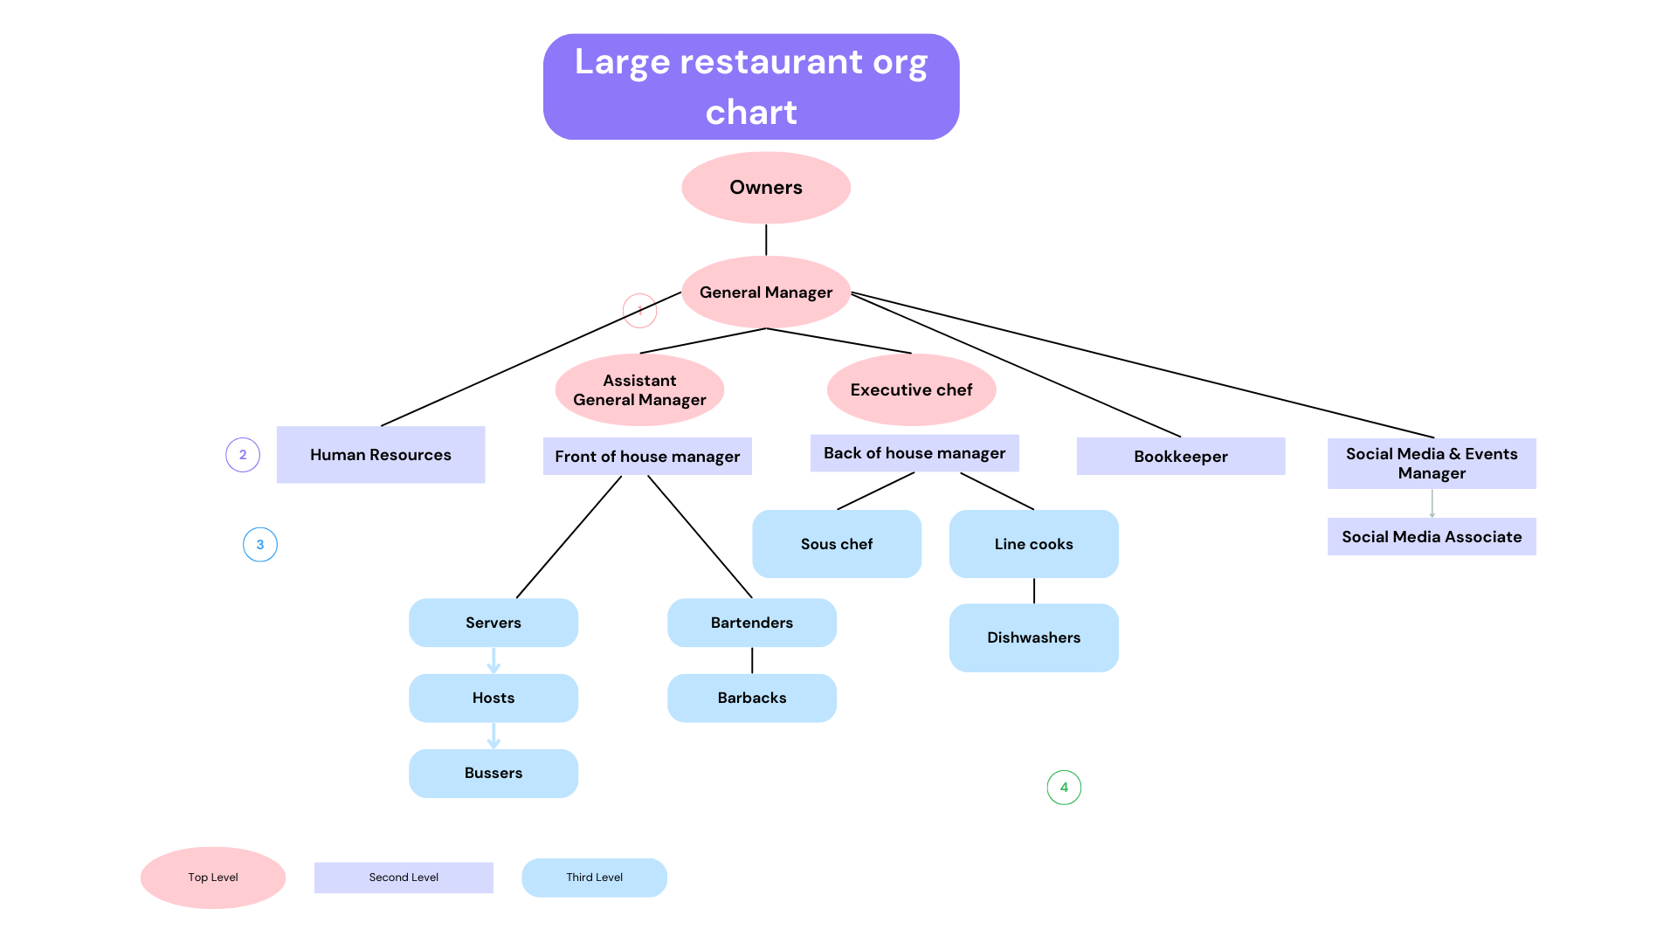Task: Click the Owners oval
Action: [x=766, y=188]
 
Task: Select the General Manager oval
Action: [x=766, y=293]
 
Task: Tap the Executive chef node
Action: [x=911, y=389]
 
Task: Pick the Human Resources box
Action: [x=381, y=455]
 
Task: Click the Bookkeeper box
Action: [x=1181, y=457]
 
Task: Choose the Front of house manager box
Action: [x=647, y=457]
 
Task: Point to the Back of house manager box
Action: [x=914, y=453]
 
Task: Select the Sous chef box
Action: [x=837, y=544]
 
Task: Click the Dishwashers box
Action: [x=1034, y=637]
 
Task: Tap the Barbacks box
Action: [x=752, y=698]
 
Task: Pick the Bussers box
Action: [x=493, y=773]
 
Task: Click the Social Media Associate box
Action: [x=1432, y=537]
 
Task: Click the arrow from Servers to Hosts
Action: [x=493, y=660]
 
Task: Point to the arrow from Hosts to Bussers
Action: [x=493, y=736]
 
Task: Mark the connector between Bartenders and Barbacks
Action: [x=752, y=660]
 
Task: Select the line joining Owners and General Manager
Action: [x=766, y=240]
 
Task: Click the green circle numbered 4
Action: [x=1064, y=788]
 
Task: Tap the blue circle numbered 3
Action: [x=260, y=545]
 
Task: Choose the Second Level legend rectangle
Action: [x=404, y=878]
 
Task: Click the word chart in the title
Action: [x=751, y=113]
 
